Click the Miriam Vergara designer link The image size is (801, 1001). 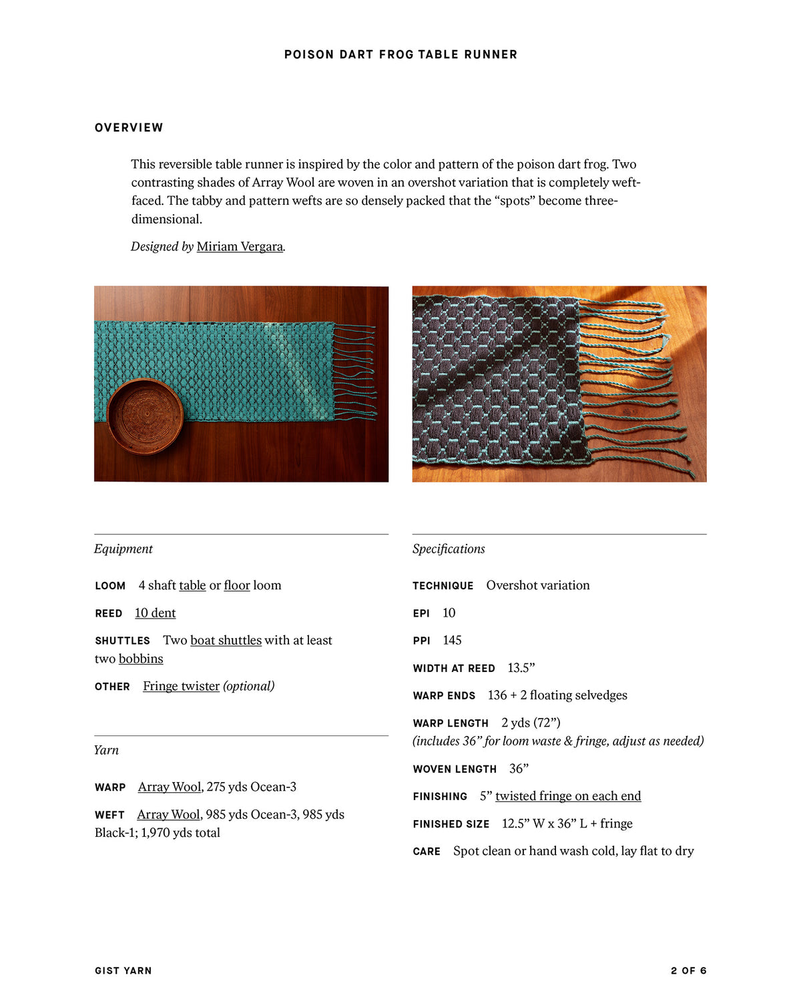[x=240, y=246]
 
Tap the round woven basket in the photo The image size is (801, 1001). [x=145, y=416]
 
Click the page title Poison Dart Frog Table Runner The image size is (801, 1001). [x=400, y=55]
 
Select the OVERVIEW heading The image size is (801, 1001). [x=129, y=127]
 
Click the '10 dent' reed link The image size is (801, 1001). [x=155, y=613]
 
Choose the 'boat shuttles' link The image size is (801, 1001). [x=226, y=640]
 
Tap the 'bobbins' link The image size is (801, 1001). [x=141, y=659]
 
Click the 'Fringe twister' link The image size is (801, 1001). [x=181, y=686]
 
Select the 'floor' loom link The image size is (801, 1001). [x=237, y=585]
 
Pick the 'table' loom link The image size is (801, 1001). [x=192, y=585]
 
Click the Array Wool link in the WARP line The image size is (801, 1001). [x=170, y=787]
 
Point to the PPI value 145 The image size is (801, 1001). [x=452, y=640]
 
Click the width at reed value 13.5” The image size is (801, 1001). [x=521, y=667]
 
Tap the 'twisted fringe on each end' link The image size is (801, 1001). [x=568, y=795]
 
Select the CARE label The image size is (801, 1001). [x=427, y=852]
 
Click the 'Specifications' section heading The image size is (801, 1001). [x=449, y=549]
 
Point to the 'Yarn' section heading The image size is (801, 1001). [x=106, y=750]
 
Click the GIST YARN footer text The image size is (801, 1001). [x=123, y=971]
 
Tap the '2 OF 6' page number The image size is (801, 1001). [x=688, y=971]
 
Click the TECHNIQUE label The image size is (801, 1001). [x=443, y=586]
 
